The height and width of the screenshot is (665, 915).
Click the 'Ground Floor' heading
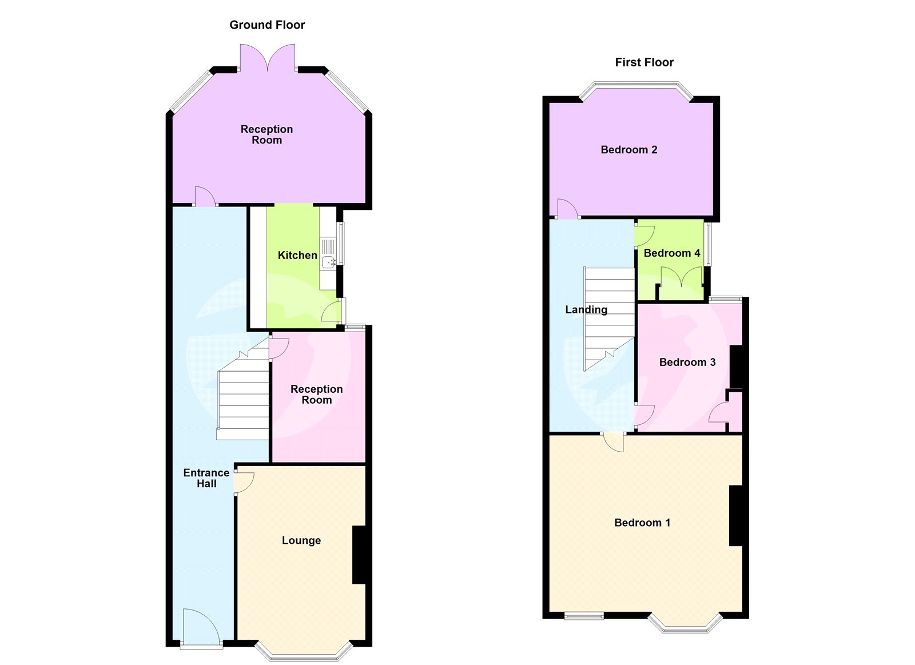coord(267,25)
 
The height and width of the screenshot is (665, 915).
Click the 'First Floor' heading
coord(644,62)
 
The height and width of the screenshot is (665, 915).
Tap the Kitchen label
coord(297,255)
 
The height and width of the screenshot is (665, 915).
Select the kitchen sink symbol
coord(328,262)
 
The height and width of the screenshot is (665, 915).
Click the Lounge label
coord(301,540)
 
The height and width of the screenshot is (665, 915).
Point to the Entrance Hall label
coord(206,478)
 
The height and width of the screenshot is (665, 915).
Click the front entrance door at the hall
coord(201,629)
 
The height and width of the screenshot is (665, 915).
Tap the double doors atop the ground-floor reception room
coord(268,58)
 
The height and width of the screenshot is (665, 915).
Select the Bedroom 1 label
coord(642,523)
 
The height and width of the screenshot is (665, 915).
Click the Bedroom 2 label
coord(629,150)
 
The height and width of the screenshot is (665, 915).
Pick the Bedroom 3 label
coord(687,362)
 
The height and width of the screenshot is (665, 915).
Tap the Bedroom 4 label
coord(672,253)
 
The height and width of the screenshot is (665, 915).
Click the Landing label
coord(586,309)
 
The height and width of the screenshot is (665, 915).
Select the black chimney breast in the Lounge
coord(359,555)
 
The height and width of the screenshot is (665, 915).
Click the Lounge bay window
coord(303,652)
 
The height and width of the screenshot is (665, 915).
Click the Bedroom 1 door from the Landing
coord(614,441)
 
